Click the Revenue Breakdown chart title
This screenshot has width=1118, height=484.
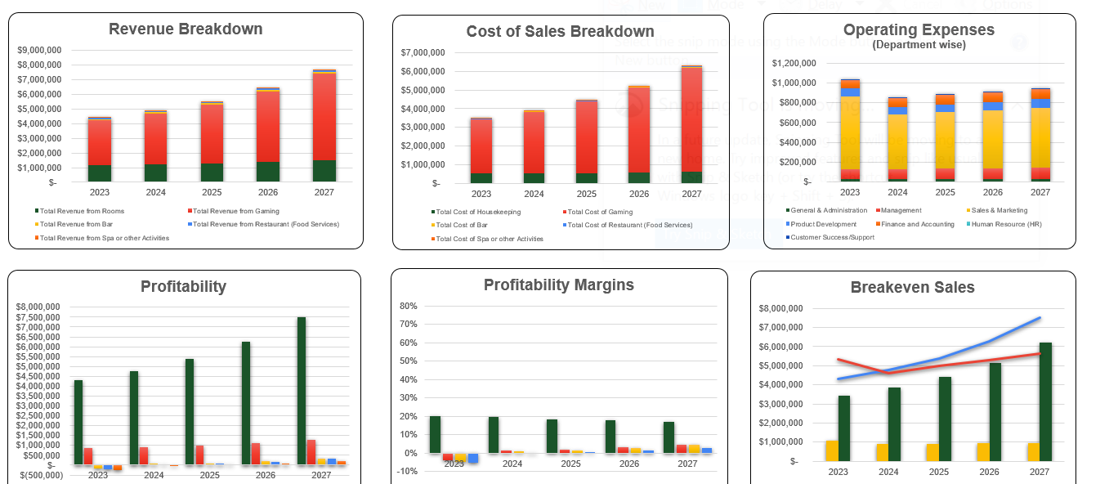click(186, 29)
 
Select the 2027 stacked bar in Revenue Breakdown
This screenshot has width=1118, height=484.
click(324, 123)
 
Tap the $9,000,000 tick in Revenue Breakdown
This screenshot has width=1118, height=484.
click(38, 50)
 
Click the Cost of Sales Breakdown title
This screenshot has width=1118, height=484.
click(560, 32)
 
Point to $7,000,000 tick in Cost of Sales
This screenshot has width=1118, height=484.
click(423, 52)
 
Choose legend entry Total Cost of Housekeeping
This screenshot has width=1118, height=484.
click(477, 212)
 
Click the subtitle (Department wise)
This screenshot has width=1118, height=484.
click(919, 45)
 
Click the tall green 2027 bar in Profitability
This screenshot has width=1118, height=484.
click(302, 391)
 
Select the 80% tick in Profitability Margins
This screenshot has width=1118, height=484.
click(408, 306)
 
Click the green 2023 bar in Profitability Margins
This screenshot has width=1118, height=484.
click(435, 434)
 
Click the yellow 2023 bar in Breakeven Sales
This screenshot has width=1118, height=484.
click(831, 450)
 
